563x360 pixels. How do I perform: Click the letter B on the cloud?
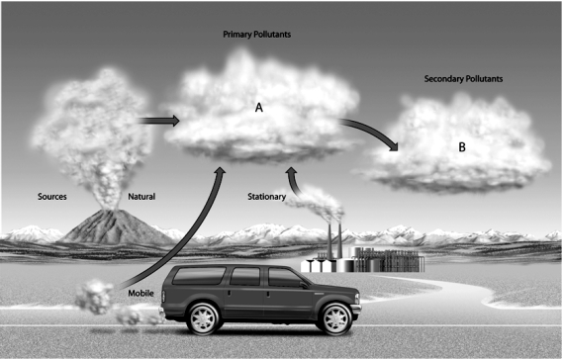[462, 147]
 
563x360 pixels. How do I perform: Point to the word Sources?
[51, 197]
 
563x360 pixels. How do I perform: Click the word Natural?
[141, 197]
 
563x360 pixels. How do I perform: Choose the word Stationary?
[266, 197]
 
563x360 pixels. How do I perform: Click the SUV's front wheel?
[335, 316]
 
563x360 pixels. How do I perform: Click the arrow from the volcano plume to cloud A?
[158, 121]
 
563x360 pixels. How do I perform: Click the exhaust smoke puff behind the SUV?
[99, 296]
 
